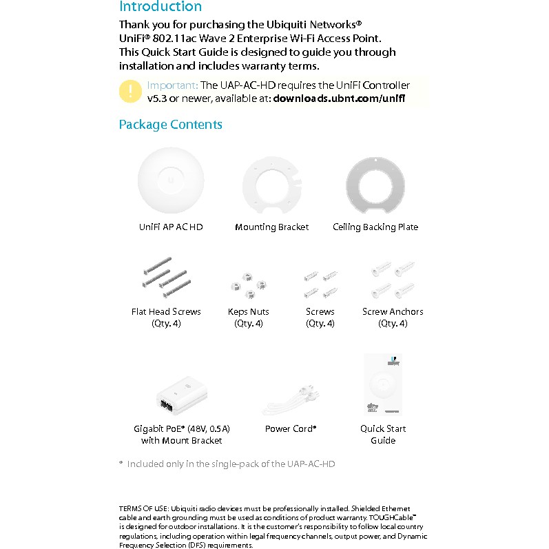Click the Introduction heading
pyautogui.click(x=160, y=7)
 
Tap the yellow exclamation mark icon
pyautogui.click(x=130, y=92)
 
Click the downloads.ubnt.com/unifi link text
pyautogui.click(x=339, y=99)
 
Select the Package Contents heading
pyautogui.click(x=170, y=125)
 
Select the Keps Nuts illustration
pyautogui.click(x=248, y=284)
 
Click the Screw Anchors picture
pyautogui.click(x=393, y=278)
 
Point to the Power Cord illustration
pyautogui.click(x=290, y=401)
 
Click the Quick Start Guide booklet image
pyautogui.click(x=383, y=385)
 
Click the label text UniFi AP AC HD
pyautogui.click(x=171, y=227)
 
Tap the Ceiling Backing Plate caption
pyautogui.click(x=375, y=227)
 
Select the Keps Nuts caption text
pyautogui.click(x=249, y=312)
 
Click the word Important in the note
pyautogui.click(x=172, y=86)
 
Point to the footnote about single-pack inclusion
pyautogui.click(x=231, y=464)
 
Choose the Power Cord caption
pyautogui.click(x=290, y=429)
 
